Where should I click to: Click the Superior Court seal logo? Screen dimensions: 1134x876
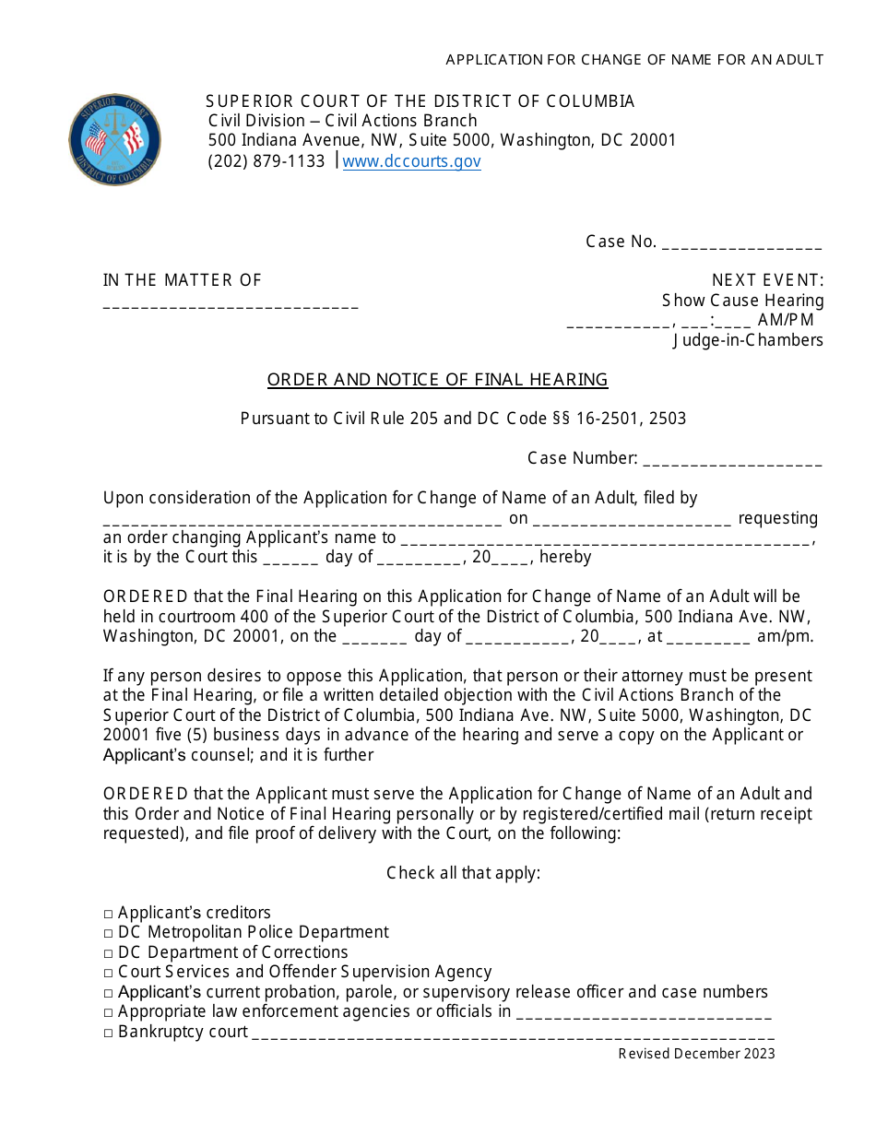[115, 139]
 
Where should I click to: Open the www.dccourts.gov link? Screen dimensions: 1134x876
[411, 161]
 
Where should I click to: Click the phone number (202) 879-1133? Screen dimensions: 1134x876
[266, 161]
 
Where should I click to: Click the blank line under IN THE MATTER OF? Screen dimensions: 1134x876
[231, 304]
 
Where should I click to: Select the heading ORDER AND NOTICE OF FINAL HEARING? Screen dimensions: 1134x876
[437, 379]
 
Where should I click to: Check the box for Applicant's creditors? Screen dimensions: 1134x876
[109, 914]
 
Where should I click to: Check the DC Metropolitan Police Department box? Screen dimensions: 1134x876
[109, 933]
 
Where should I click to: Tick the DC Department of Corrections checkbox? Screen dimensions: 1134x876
[109, 953]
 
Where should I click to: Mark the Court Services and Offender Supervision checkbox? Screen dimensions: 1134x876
[109, 973]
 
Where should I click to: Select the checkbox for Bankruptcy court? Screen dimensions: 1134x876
[109, 1033]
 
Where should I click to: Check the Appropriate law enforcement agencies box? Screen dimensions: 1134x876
[109, 1012]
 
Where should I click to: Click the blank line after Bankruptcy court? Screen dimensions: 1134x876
[513, 1034]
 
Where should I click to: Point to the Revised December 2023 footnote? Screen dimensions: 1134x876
[696, 1054]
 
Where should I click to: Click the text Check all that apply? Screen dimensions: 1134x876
[463, 872]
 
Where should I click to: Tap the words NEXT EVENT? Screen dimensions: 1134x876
[767, 280]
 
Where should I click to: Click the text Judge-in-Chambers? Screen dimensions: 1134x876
[748, 340]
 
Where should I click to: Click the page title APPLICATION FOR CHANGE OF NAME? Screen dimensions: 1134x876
[634, 60]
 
